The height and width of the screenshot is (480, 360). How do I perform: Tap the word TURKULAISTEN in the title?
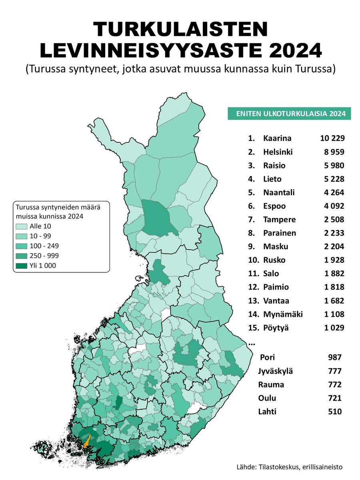coord(180,30)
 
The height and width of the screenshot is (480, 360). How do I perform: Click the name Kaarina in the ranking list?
coord(277,138)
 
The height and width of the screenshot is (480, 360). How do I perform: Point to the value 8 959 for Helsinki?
coord(333,152)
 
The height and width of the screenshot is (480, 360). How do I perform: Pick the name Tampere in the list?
coord(279,220)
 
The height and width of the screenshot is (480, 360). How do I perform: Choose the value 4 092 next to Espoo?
coord(332,206)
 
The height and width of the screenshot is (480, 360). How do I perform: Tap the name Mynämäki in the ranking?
coord(283,314)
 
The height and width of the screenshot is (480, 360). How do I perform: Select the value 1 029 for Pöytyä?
coord(332,328)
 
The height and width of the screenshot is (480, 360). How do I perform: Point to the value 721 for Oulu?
coord(334,398)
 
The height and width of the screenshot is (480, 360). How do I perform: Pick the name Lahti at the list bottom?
coord(268,412)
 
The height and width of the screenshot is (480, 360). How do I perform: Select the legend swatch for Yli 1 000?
coord(22,265)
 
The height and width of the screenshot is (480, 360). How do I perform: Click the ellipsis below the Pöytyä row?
coord(252,344)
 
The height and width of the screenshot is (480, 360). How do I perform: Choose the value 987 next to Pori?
coord(334,357)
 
